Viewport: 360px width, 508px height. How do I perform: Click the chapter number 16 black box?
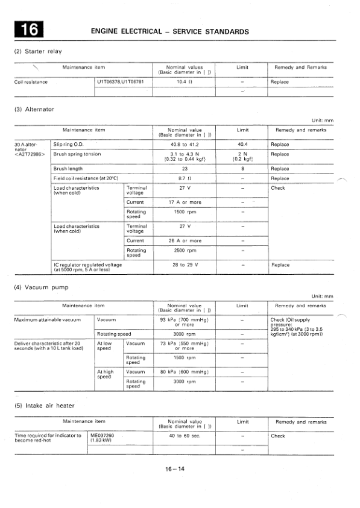[30, 30]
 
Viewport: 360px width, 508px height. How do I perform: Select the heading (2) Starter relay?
[37, 51]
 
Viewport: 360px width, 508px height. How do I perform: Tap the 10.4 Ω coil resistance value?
[185, 82]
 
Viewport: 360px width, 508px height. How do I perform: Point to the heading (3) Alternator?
[34, 109]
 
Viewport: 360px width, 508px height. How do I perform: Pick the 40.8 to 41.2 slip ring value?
[185, 145]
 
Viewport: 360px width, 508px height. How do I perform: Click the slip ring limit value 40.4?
[242, 145]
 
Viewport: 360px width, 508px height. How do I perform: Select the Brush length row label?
[68, 169]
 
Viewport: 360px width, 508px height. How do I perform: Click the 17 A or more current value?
[185, 202]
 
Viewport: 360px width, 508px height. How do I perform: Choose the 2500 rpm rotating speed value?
[185, 250]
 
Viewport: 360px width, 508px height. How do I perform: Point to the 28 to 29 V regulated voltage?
[185, 265]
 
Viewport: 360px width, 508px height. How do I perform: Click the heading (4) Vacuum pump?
[41, 287]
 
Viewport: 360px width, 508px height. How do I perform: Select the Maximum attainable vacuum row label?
[47, 319]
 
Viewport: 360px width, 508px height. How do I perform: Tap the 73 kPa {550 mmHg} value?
[185, 345]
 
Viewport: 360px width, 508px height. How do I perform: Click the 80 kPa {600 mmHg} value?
[185, 372]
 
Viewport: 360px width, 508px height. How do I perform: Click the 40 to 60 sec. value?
[185, 436]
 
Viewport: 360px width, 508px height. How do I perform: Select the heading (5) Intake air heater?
[46, 406]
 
